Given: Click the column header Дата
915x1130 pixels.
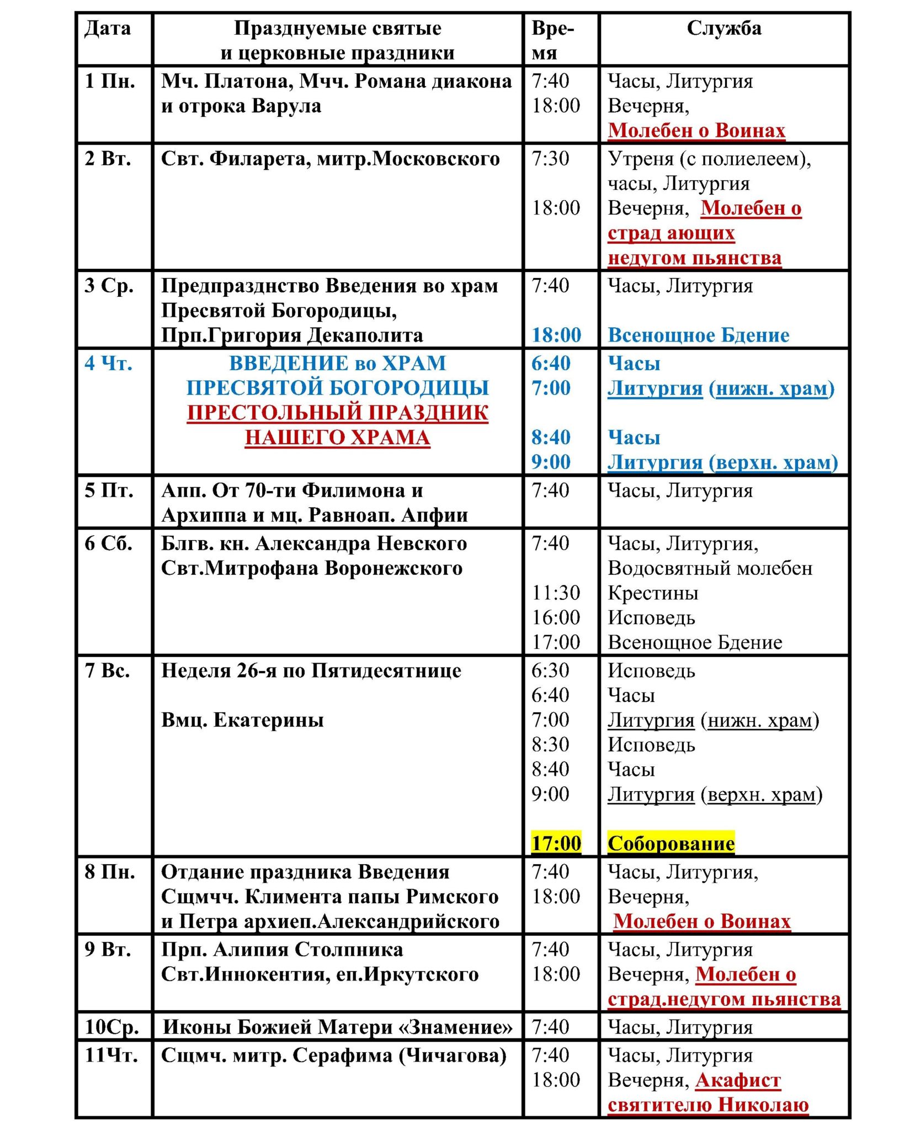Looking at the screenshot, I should point(108,29).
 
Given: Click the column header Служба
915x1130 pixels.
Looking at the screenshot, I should point(724,29).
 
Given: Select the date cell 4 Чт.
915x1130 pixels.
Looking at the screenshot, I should point(109,364).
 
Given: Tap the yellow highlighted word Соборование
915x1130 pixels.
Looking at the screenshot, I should point(671,843).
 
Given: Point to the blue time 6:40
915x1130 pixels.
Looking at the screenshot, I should point(551,364).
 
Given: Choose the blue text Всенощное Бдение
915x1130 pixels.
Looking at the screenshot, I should point(698,335).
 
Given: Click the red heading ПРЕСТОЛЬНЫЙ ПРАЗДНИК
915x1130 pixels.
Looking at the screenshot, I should point(337,413).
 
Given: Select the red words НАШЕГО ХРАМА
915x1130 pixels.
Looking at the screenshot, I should point(337,438).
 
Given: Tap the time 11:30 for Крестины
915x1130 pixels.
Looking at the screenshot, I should point(556,593).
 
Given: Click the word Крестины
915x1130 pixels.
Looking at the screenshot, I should point(653,593).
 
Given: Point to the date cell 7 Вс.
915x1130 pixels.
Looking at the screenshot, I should point(107,671).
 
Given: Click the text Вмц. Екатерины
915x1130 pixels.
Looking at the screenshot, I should point(242,720).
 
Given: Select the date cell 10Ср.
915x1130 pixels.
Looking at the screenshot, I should point(111,1027).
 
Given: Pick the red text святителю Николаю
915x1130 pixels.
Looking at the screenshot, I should point(708,1104).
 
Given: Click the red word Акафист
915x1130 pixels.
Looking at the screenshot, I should point(738,1080).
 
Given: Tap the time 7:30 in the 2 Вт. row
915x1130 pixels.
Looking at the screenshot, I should point(550,159).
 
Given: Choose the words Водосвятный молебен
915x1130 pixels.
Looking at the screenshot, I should point(710,568).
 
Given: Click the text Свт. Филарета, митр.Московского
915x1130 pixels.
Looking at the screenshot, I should point(330,159).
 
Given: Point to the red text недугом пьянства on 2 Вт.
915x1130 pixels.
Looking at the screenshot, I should point(694,258).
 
